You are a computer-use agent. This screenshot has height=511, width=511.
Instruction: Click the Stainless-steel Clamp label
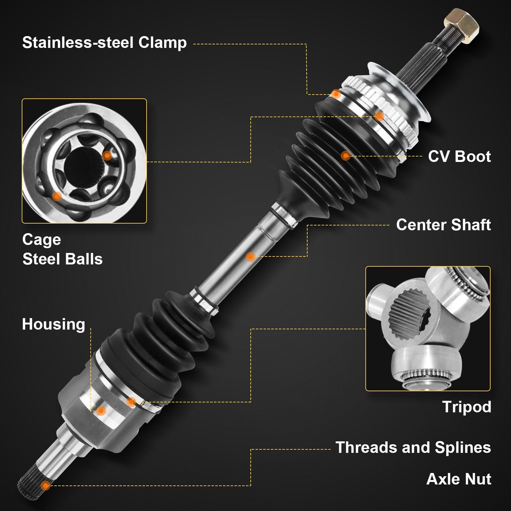104,43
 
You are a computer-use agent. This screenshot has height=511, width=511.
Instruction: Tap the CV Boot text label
459,156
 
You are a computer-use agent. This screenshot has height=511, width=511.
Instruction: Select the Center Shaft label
443,225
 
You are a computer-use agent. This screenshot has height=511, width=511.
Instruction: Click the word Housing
53,324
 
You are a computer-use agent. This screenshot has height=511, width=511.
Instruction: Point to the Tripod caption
466,407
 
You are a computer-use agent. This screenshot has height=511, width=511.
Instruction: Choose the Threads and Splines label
413,447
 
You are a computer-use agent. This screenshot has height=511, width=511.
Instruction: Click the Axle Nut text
459,479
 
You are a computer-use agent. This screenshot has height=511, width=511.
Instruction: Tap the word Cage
42,240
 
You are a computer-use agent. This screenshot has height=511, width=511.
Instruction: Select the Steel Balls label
62,259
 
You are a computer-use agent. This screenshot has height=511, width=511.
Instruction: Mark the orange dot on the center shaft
250,256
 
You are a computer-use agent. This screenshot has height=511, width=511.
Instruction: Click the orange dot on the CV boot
345,156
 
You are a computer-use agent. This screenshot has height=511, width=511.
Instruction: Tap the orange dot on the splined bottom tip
46,486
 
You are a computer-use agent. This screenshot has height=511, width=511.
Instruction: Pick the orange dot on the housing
101,411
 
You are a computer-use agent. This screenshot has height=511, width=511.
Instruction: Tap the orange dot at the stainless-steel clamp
336,94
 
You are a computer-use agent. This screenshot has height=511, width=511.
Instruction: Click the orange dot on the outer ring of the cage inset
57,196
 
